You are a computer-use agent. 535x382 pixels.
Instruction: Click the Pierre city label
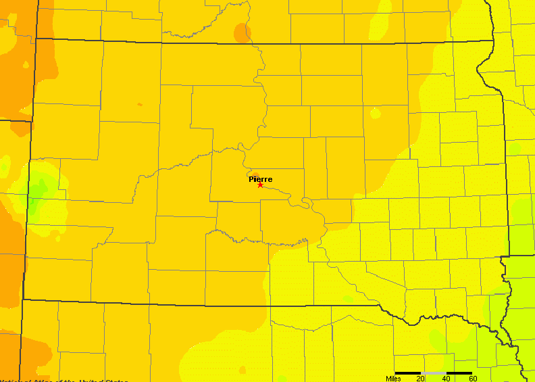coord(261,179)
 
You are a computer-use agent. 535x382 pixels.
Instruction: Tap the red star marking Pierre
coord(260,185)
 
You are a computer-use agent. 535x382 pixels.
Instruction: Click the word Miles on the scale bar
coord(394,379)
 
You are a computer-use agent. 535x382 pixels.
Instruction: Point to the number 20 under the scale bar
coord(420,379)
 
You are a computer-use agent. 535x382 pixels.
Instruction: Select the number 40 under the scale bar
coord(447,379)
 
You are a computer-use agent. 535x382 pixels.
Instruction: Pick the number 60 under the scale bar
coord(473,379)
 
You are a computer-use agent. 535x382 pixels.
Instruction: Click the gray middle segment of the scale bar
coord(434,373)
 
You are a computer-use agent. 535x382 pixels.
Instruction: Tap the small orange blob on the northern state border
coord(241,32)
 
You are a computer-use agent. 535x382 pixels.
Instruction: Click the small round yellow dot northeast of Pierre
coord(375,112)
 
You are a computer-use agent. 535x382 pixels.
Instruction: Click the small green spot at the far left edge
coord(5,165)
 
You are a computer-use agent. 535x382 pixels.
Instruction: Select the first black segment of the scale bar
coord(408,373)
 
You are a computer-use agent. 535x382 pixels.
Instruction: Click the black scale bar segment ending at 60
coord(459,373)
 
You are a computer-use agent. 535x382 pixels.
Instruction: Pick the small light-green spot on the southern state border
coord(348,298)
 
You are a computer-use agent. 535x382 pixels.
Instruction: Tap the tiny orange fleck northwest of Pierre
coord(140,104)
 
